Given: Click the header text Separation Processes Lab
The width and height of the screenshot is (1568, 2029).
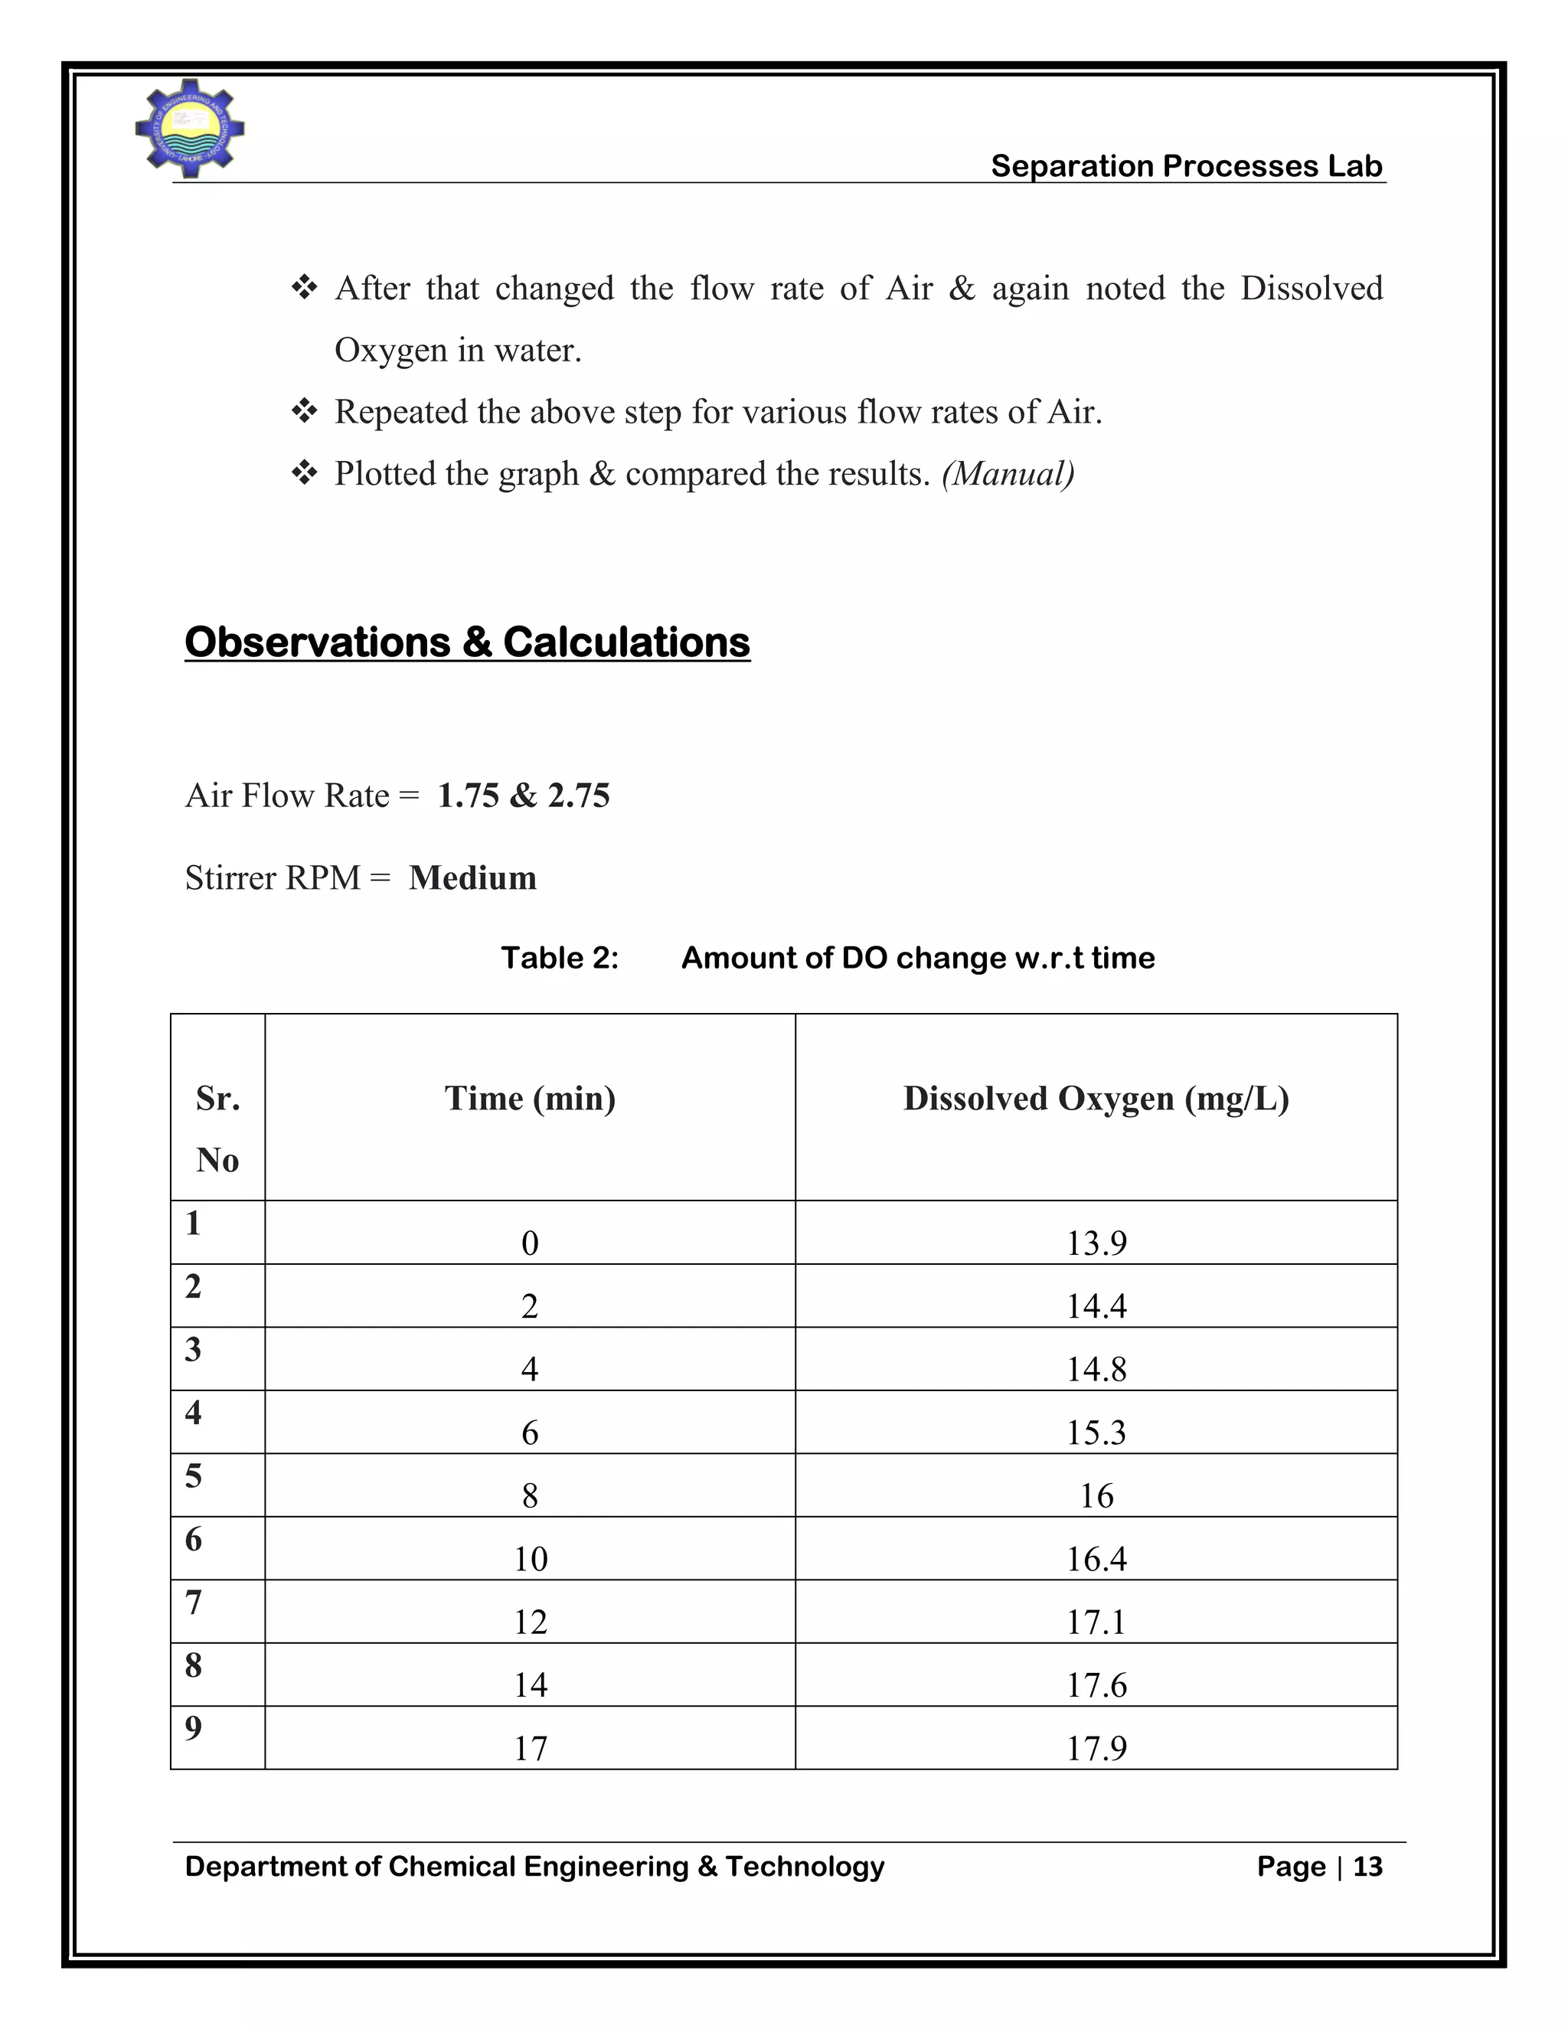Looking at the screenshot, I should click(1186, 165).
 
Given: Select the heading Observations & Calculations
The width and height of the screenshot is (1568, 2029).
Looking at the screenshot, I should click(467, 642).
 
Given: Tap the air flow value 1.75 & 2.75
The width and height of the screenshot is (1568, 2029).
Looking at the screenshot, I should click(523, 796).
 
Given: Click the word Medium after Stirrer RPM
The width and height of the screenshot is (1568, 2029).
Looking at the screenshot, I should click(473, 878).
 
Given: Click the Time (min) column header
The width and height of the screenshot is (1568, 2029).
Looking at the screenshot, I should click(530, 1098).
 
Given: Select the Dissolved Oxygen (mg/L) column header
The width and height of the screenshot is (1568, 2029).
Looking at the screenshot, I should click(1096, 1098).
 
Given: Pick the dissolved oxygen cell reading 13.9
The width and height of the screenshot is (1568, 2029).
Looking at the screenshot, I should click(1096, 1243).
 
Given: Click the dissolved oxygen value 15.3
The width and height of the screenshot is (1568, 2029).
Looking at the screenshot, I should click(1096, 1433).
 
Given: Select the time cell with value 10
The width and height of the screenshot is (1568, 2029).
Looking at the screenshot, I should click(531, 1559).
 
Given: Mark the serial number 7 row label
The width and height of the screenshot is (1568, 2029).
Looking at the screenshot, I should click(193, 1603).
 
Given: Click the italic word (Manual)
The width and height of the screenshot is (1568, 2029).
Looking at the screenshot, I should click(1008, 474).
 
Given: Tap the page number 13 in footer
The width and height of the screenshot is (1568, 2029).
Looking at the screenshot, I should click(1367, 1867).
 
